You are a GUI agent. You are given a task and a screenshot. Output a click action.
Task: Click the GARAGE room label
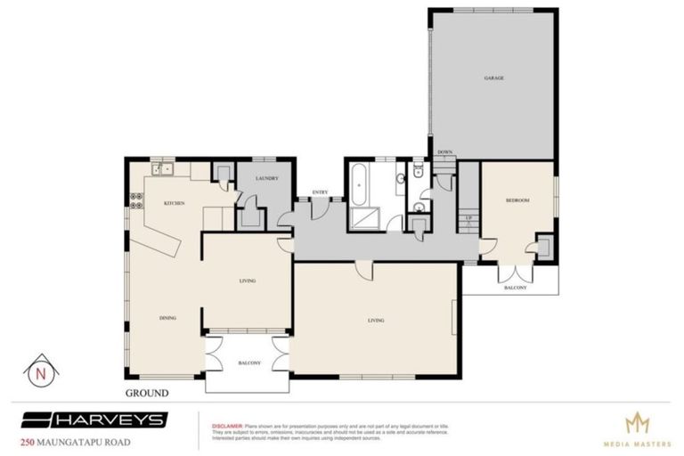coord(494,78)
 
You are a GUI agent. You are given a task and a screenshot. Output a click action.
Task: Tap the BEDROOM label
coord(517,201)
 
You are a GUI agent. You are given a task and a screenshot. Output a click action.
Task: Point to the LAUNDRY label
coord(267,178)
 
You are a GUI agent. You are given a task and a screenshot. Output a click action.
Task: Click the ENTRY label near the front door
coord(318,193)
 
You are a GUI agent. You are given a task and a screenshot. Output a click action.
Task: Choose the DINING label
coord(167,317)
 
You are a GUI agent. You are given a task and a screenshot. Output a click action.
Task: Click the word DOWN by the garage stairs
coord(444,152)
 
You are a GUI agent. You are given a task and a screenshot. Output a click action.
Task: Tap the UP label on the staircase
coord(468,217)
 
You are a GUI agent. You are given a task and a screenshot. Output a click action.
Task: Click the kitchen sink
coord(160,167)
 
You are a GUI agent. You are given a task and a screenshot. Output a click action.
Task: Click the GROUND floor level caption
coord(146,392)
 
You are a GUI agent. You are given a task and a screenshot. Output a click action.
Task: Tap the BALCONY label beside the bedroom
coord(516,288)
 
